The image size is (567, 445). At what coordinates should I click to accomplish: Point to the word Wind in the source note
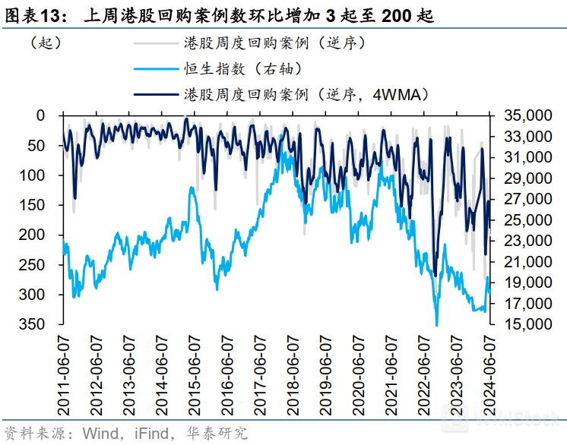pos(98,433)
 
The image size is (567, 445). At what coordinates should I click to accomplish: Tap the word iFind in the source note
pos(150,433)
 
